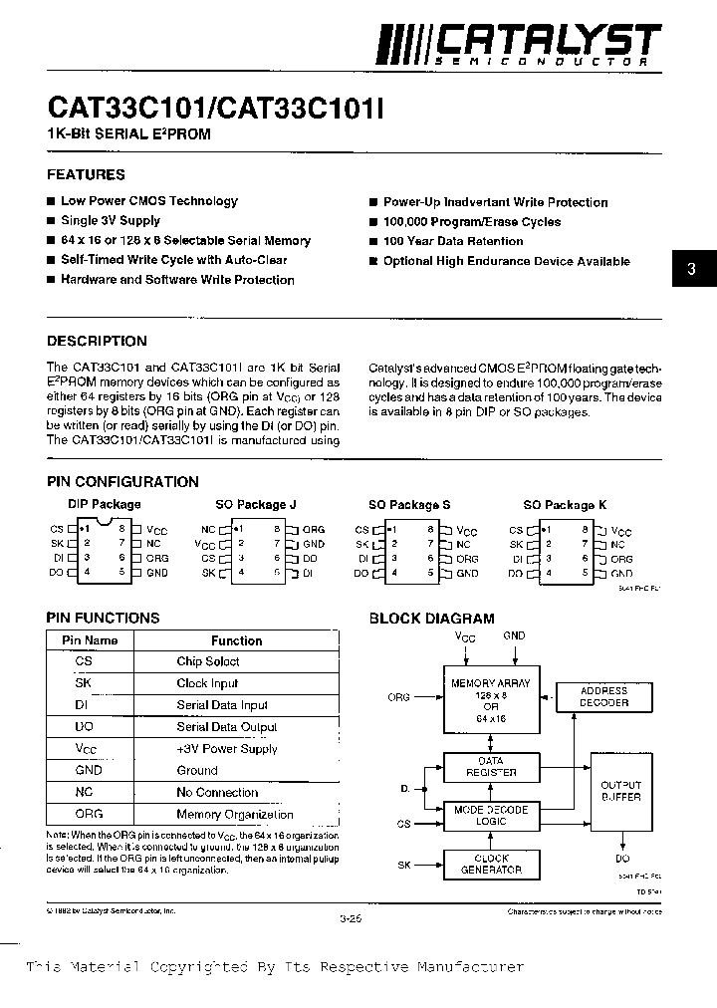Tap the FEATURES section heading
[x=87, y=174]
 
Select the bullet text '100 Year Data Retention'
[x=453, y=241]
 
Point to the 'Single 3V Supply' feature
[x=111, y=220]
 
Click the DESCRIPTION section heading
[x=97, y=341]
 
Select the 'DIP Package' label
[x=105, y=505]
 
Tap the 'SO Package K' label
[x=565, y=505]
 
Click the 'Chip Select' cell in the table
[x=208, y=662]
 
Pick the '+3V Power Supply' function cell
[x=227, y=749]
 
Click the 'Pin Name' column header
[x=90, y=640]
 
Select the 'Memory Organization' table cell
[x=235, y=815]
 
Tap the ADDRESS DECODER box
[x=603, y=697]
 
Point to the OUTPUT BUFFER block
[x=621, y=792]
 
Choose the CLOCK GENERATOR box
[x=491, y=865]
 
